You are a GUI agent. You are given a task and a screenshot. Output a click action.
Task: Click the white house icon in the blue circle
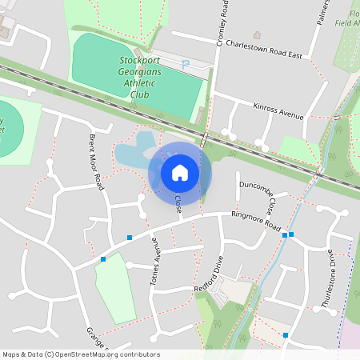180,172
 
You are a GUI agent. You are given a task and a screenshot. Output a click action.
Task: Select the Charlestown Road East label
263,50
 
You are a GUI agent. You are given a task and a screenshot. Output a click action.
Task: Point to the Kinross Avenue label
278,111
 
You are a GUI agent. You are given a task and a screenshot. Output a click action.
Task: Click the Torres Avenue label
157,265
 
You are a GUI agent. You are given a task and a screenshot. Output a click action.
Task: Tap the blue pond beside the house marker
133,152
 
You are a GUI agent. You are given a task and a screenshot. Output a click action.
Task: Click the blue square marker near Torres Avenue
130,237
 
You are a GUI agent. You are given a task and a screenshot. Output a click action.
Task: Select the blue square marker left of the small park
103,259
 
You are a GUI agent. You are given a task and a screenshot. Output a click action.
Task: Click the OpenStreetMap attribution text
81,354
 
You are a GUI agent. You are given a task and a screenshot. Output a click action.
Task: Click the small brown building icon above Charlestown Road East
257,35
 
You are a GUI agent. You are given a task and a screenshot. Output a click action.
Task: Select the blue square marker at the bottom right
286,335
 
